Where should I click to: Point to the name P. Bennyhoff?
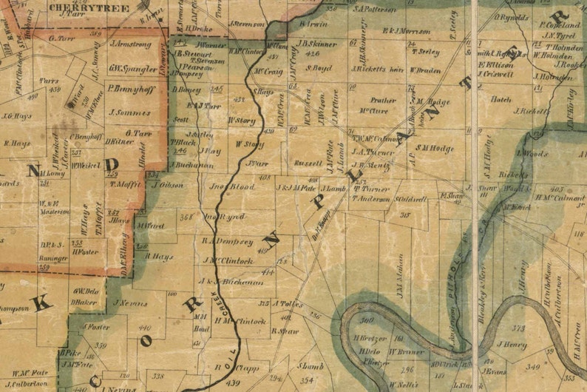click(x=129, y=88)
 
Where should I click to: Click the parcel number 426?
click(x=312, y=54)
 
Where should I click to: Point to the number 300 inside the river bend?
click(x=367, y=321)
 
